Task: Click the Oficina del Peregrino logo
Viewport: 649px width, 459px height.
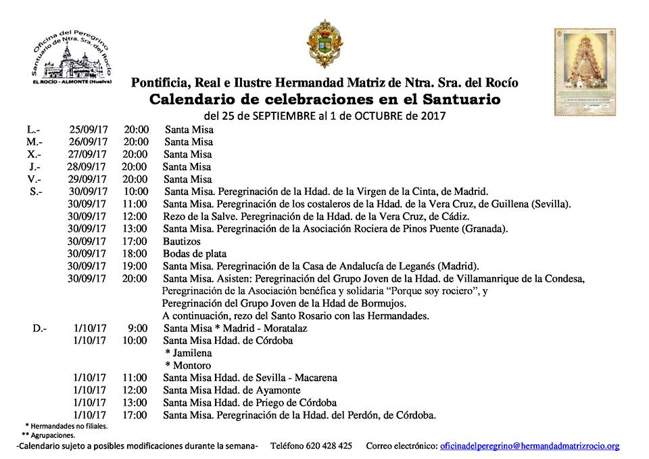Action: pyautogui.click(x=72, y=57)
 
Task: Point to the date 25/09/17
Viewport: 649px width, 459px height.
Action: pyautogui.click(x=88, y=129)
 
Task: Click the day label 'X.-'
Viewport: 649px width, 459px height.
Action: pyautogui.click(x=34, y=154)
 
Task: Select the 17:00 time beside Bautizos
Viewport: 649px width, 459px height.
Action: pyautogui.click(x=135, y=240)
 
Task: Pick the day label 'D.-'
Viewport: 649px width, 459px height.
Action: pyautogui.click(x=39, y=328)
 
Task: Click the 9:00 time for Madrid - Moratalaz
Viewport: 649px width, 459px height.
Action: pyautogui.click(x=138, y=328)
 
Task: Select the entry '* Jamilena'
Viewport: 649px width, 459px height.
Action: pyautogui.click(x=188, y=353)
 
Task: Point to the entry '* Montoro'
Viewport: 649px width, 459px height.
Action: pyautogui.click(x=187, y=365)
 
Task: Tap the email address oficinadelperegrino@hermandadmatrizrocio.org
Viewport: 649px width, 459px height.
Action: pyautogui.click(x=529, y=446)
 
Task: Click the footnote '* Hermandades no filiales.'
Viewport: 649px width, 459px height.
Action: pyautogui.click(x=66, y=426)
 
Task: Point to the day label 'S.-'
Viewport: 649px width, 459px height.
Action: pyautogui.click(x=37, y=192)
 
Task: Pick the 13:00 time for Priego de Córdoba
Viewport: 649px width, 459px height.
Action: pyautogui.click(x=135, y=402)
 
